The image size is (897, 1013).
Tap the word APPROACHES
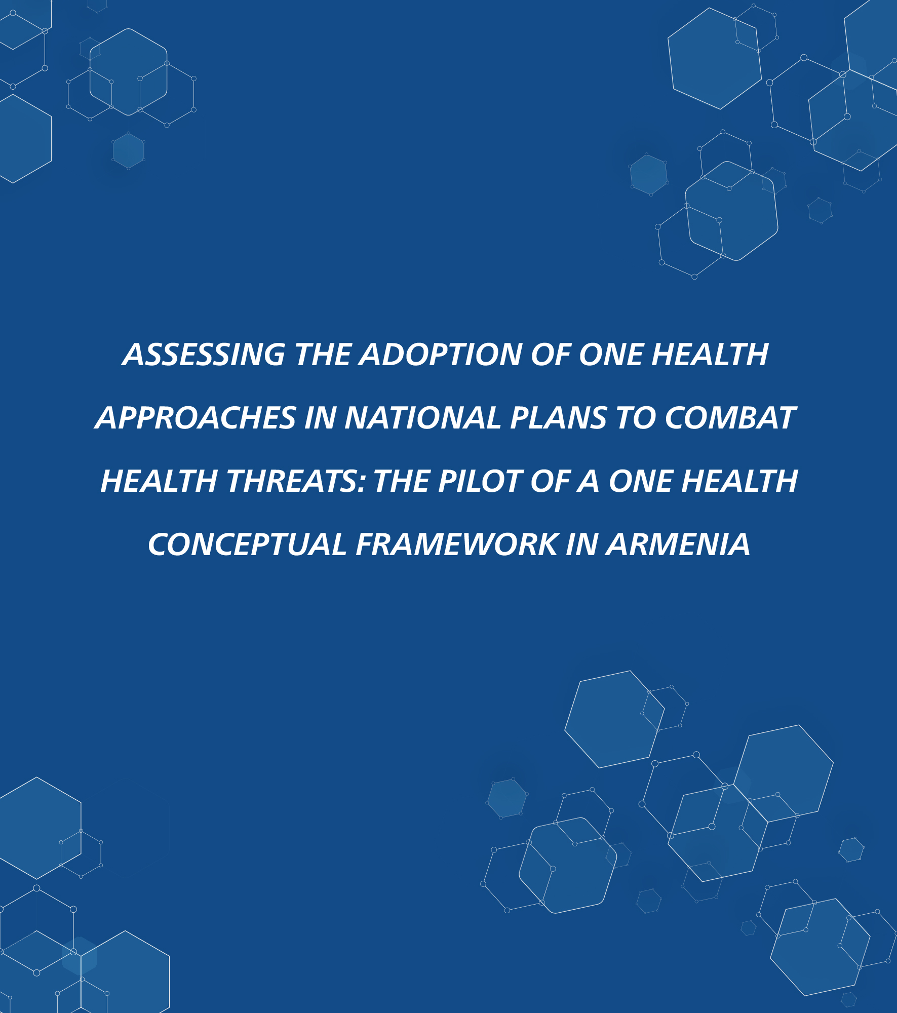[196, 418]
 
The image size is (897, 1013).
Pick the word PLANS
[558, 418]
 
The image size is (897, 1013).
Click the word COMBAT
[730, 418]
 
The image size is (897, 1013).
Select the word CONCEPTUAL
[247, 544]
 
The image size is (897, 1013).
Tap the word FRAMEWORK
[456, 544]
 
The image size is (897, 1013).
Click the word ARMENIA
[678, 544]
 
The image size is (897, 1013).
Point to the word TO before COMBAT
[636, 418]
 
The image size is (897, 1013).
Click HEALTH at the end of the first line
[710, 354]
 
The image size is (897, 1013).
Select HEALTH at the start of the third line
[159, 481]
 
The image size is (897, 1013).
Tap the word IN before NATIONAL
[320, 418]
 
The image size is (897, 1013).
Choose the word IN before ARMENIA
[581, 544]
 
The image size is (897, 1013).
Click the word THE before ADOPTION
[323, 354]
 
